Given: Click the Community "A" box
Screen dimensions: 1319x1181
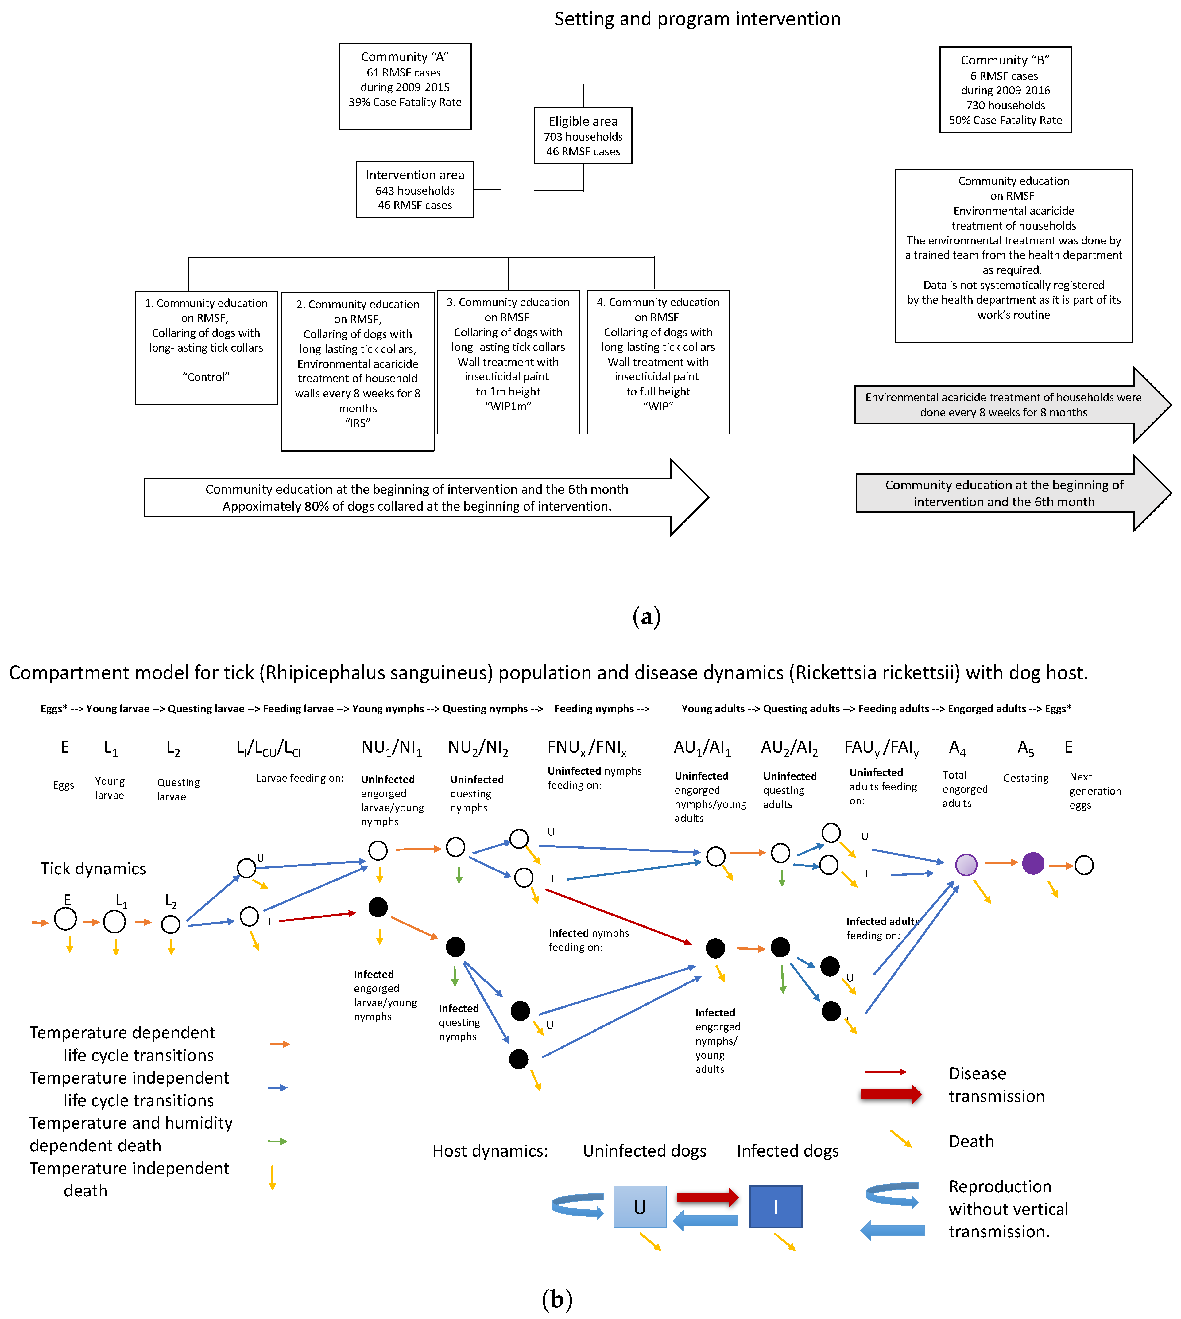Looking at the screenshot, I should [405, 86].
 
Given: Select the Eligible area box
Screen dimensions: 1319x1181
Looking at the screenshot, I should [583, 136].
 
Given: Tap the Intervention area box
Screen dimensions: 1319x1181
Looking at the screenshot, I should [415, 189].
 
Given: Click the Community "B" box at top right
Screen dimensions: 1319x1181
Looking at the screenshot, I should [1005, 90].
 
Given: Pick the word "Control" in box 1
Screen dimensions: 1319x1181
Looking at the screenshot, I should [206, 377].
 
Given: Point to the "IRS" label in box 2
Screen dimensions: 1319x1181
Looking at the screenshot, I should [358, 423].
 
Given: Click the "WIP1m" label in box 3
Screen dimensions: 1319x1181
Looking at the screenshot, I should [508, 406].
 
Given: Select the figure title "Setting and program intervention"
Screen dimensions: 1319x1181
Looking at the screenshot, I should [697, 19].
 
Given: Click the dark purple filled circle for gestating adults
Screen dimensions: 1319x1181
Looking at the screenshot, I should [1032, 863].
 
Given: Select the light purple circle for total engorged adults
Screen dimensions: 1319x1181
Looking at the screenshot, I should [966, 865].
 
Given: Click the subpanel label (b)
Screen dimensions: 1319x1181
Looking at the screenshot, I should [557, 1299].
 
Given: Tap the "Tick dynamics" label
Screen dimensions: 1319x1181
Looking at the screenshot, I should [93, 869].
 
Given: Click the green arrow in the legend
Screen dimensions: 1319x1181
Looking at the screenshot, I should [277, 1141].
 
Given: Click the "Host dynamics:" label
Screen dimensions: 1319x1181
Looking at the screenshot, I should [490, 1151].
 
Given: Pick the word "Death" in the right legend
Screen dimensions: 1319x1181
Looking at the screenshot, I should [971, 1141].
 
